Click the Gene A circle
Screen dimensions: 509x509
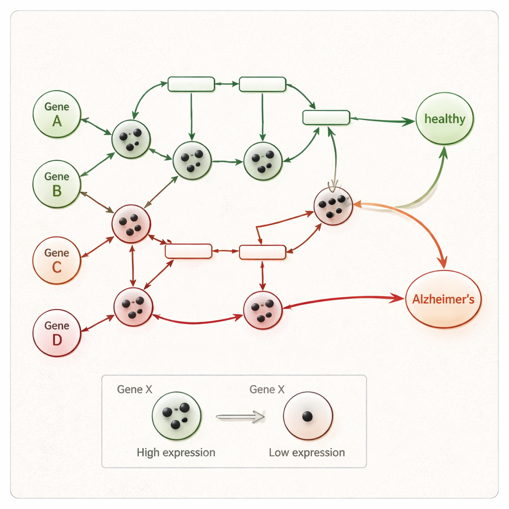pyautogui.click(x=57, y=114)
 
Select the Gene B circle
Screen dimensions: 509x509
pyautogui.click(x=57, y=183)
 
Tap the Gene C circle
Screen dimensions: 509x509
pyautogui.click(x=57, y=260)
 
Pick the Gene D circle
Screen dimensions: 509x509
pyautogui.click(x=57, y=333)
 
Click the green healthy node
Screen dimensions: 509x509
pyautogui.click(x=444, y=119)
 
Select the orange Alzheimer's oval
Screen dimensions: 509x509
pyautogui.click(x=443, y=299)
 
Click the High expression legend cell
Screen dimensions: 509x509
pyautogui.click(x=176, y=416)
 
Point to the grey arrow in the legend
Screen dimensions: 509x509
pyautogui.click(x=241, y=417)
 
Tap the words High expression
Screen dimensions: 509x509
pyautogui.click(x=176, y=452)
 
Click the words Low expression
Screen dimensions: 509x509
pyautogui.click(x=307, y=452)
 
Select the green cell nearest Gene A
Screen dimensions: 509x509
pyautogui.click(x=131, y=139)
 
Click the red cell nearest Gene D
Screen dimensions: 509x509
pyautogui.click(x=133, y=307)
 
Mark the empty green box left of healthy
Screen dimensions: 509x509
pyautogui.click(x=326, y=117)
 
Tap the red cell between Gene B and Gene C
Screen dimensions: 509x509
pyautogui.click(x=131, y=224)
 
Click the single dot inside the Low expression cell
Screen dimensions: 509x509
pyautogui.click(x=308, y=417)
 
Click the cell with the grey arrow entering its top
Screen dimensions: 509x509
pyautogui.click(x=333, y=206)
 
